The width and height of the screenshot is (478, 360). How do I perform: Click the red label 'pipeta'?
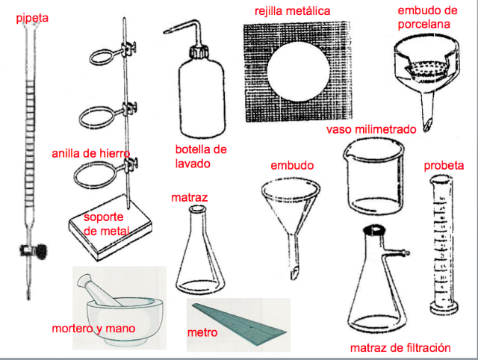(x=31, y=15)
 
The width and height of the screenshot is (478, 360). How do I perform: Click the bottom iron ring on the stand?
(x=93, y=176)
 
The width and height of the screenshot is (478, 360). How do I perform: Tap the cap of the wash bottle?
(x=199, y=53)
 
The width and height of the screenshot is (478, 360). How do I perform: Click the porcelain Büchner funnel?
(x=423, y=75)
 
